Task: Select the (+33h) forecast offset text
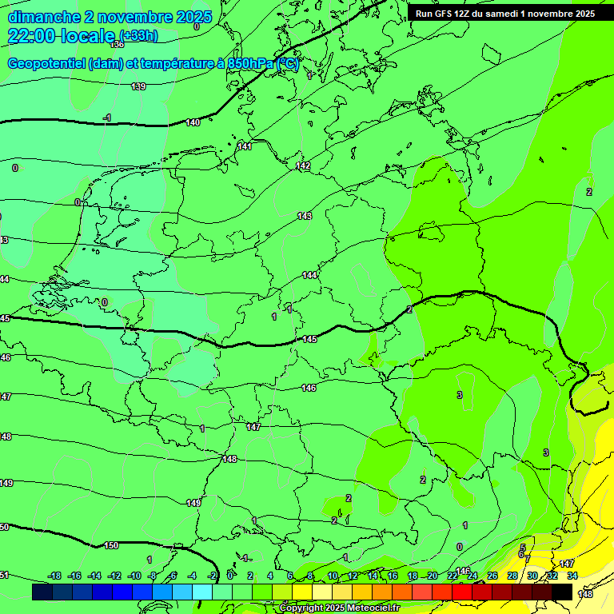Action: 138,35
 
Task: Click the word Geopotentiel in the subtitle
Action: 46,64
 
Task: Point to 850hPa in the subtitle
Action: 245,64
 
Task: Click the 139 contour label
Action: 138,86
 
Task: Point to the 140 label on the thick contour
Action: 193,122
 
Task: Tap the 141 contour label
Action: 245,146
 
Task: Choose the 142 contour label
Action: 303,165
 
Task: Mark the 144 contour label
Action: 310,275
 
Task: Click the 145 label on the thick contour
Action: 310,340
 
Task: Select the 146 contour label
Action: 309,388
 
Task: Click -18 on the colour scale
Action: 54,576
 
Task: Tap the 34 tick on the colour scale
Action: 572,576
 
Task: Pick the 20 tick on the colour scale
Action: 433,576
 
